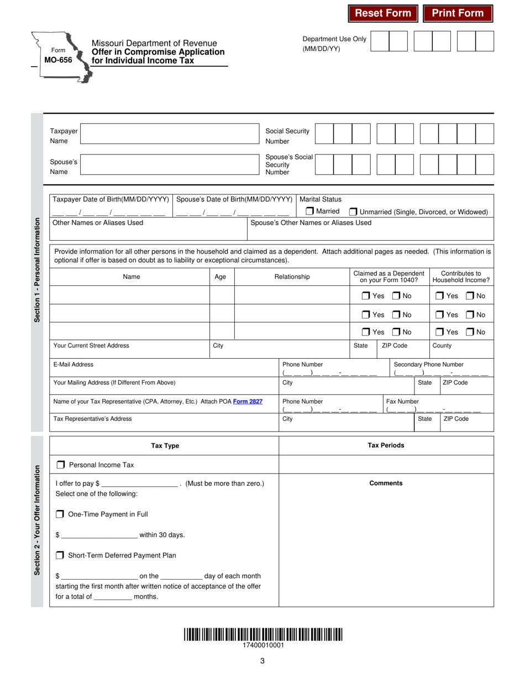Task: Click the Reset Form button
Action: pyautogui.click(x=383, y=13)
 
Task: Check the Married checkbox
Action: pyautogui.click(x=310, y=211)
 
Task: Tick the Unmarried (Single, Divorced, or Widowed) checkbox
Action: pyautogui.click(x=354, y=211)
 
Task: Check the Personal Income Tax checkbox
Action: pyautogui.click(x=61, y=465)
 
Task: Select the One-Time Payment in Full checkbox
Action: pyautogui.click(x=60, y=514)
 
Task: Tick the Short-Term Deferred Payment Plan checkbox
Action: pyautogui.click(x=60, y=555)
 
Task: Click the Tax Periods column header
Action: pyautogui.click(x=386, y=445)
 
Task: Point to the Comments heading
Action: pyautogui.click(x=386, y=483)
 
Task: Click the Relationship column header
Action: pyautogui.click(x=292, y=277)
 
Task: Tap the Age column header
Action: pyautogui.click(x=220, y=277)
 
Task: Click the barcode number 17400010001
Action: pyautogui.click(x=263, y=645)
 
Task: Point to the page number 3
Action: pyautogui.click(x=262, y=660)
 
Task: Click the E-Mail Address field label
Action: pyautogui.click(x=73, y=364)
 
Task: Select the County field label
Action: pyautogui.click(x=442, y=346)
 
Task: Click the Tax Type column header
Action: pyautogui.click(x=165, y=445)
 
